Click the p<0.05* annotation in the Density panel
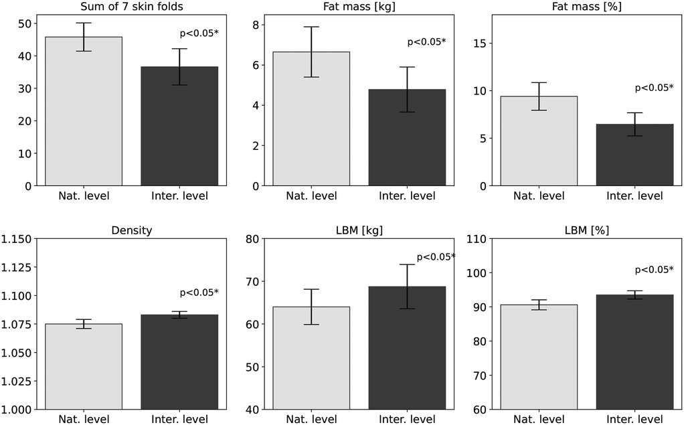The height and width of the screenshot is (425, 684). tap(199, 292)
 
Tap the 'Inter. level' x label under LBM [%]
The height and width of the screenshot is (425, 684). tap(634, 420)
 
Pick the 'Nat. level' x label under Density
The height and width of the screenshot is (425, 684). tap(84, 420)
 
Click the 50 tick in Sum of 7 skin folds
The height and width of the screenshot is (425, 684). tap(24, 23)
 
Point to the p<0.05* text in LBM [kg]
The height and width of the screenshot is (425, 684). tap(436, 257)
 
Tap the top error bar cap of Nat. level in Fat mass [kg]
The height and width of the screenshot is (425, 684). tap(311, 27)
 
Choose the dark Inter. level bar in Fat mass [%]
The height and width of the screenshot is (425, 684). tap(634, 155)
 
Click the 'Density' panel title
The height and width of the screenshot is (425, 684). tap(131, 230)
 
